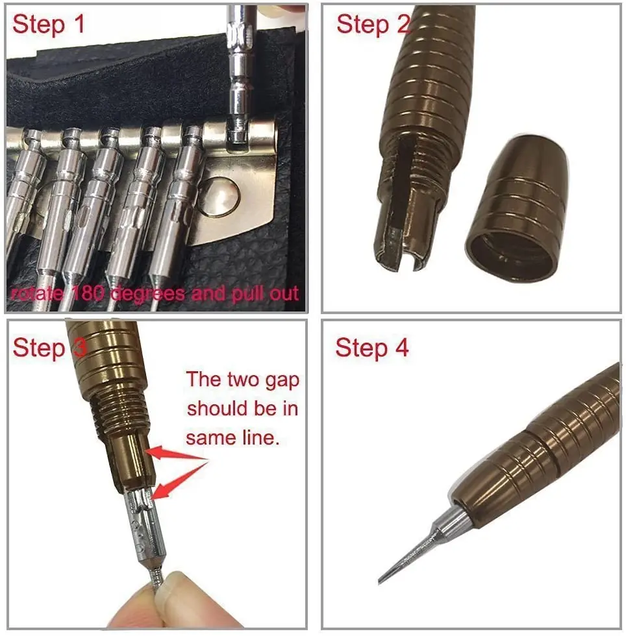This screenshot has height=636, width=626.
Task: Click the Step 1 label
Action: pos(49,24)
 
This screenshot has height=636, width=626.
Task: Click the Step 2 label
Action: pos(373,24)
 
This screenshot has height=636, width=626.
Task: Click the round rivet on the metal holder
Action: pos(216,199)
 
